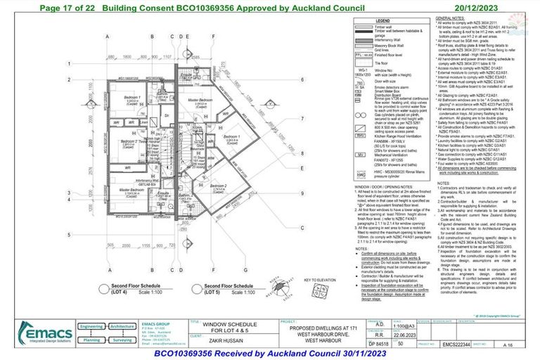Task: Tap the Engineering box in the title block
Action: coord(94,327)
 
